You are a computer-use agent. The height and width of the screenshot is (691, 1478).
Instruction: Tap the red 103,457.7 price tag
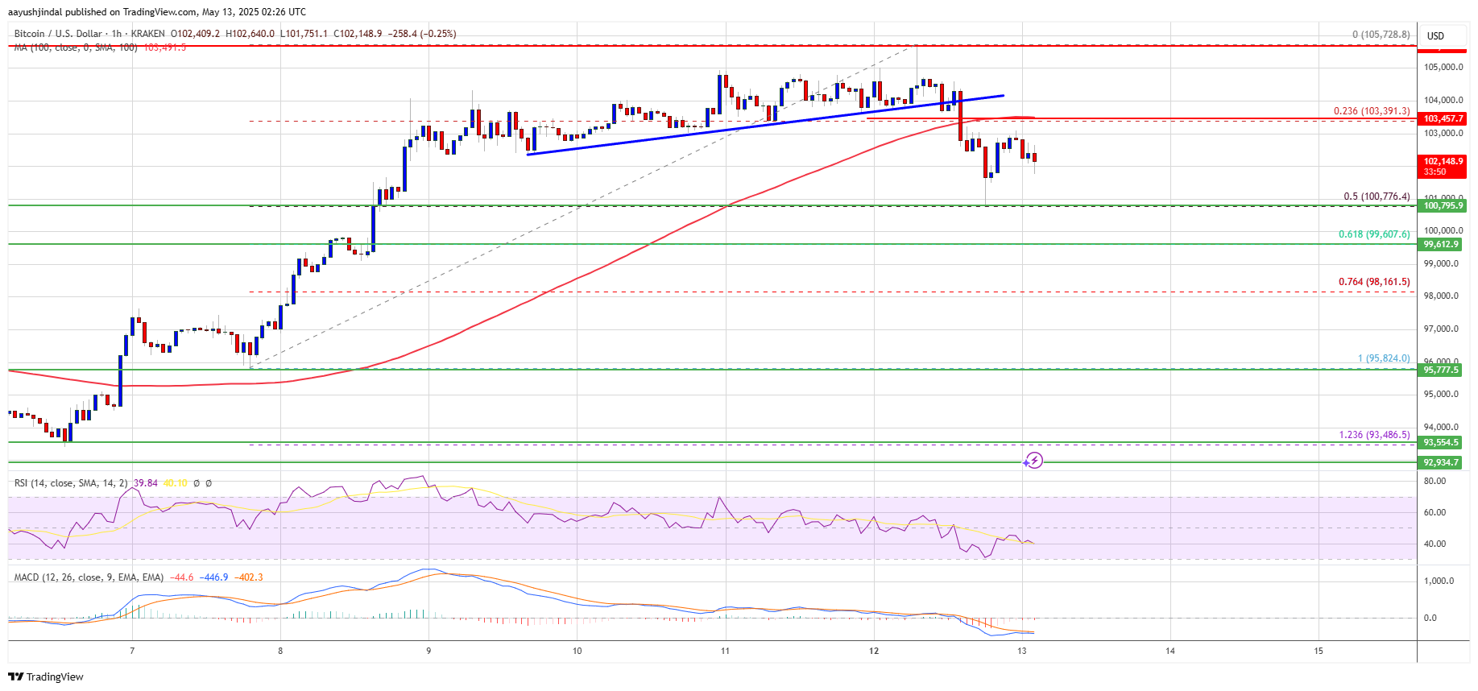(1443, 118)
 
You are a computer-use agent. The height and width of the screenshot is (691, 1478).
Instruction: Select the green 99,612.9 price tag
(1441, 244)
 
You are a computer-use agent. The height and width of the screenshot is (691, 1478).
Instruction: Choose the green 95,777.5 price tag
(1441, 370)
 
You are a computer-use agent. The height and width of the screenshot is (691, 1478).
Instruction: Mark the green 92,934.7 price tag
(1441, 462)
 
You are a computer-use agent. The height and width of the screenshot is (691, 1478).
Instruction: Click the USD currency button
(1435, 36)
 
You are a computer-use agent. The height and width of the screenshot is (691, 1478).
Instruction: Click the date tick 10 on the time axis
(577, 651)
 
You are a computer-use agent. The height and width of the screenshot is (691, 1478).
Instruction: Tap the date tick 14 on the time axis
(1170, 651)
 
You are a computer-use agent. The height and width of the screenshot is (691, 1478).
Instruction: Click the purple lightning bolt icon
(1034, 461)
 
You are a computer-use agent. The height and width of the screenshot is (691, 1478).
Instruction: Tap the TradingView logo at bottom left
(46, 677)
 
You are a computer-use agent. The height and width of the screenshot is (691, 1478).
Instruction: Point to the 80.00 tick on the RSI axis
(1435, 481)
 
